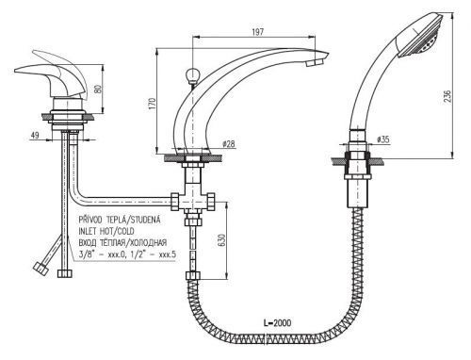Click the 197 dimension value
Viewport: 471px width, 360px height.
258,32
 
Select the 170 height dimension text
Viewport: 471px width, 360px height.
152,103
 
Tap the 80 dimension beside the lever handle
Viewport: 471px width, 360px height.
98,89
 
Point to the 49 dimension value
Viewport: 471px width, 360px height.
35,135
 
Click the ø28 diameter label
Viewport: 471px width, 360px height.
228,144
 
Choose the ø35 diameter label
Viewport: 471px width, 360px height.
382,139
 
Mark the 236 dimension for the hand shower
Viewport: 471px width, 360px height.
447,96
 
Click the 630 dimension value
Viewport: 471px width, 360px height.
221,240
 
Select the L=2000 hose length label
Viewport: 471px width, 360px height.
277,322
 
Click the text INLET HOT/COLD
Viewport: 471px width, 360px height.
106,231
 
